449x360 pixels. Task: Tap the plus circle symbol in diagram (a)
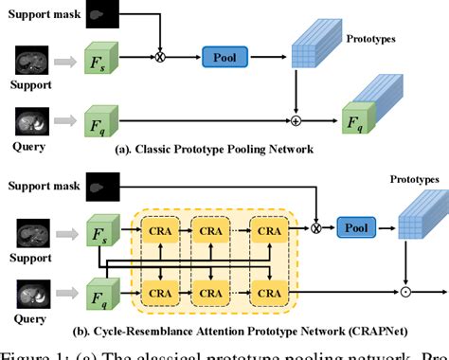pos(297,121)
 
